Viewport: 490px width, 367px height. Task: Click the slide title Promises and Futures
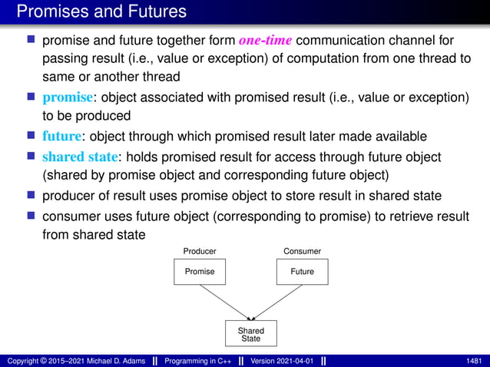coord(101,12)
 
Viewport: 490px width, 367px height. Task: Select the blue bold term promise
coord(67,98)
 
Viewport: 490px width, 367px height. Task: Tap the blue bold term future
coord(61,137)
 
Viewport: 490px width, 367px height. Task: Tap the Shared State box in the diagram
coord(250,334)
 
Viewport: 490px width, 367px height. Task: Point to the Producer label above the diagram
coord(199,251)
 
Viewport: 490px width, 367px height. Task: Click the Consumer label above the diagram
coord(302,251)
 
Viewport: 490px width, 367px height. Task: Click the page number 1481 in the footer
coord(474,360)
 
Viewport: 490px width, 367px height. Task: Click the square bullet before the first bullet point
coord(31,40)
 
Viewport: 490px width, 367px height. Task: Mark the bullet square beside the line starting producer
coord(31,197)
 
